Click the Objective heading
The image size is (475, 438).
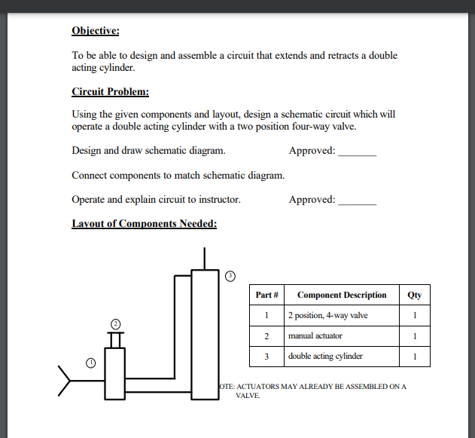point(95,31)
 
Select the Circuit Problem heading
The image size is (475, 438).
point(110,92)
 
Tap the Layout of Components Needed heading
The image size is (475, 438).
point(144,224)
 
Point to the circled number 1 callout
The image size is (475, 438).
point(91,363)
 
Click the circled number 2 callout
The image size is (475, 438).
point(115,323)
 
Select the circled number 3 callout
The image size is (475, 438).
point(230,275)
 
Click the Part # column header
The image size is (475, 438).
point(267,295)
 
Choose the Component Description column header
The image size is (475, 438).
point(342,295)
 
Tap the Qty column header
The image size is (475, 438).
point(415,295)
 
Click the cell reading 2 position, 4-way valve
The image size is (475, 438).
point(327,315)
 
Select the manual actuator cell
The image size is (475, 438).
point(315,335)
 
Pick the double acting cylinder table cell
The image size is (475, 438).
point(325,356)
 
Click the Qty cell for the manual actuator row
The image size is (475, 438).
point(415,335)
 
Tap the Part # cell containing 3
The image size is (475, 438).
point(266,356)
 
